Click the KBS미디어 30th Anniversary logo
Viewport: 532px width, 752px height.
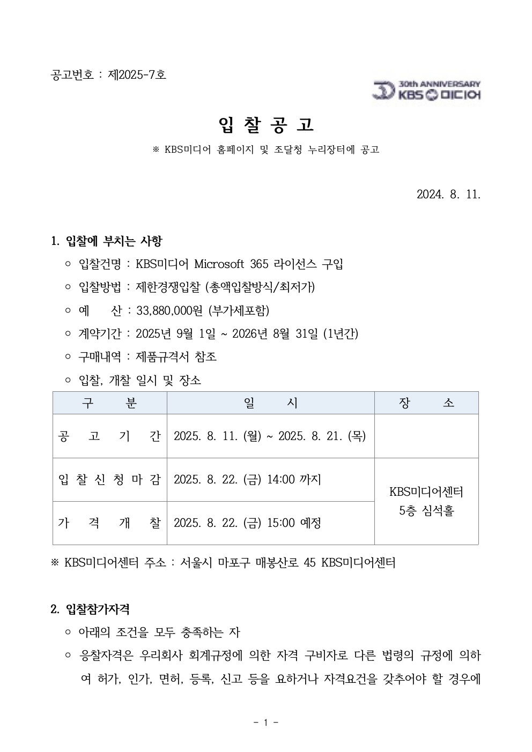point(426,91)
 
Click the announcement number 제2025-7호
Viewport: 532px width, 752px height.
point(137,75)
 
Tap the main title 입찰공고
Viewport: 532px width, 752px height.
point(266,125)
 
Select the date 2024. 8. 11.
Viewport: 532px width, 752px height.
point(448,193)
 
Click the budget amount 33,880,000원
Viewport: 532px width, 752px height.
point(170,310)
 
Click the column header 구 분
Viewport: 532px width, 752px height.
point(109,403)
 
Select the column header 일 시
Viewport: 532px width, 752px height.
point(270,403)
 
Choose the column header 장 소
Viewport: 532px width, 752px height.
point(426,403)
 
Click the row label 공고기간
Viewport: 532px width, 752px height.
point(109,436)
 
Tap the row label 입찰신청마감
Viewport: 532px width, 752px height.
point(109,479)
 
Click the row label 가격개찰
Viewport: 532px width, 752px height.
point(109,523)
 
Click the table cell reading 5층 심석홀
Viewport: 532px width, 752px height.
point(426,511)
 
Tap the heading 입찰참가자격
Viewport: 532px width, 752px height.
point(97,609)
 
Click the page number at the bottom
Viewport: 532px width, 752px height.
point(266,723)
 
